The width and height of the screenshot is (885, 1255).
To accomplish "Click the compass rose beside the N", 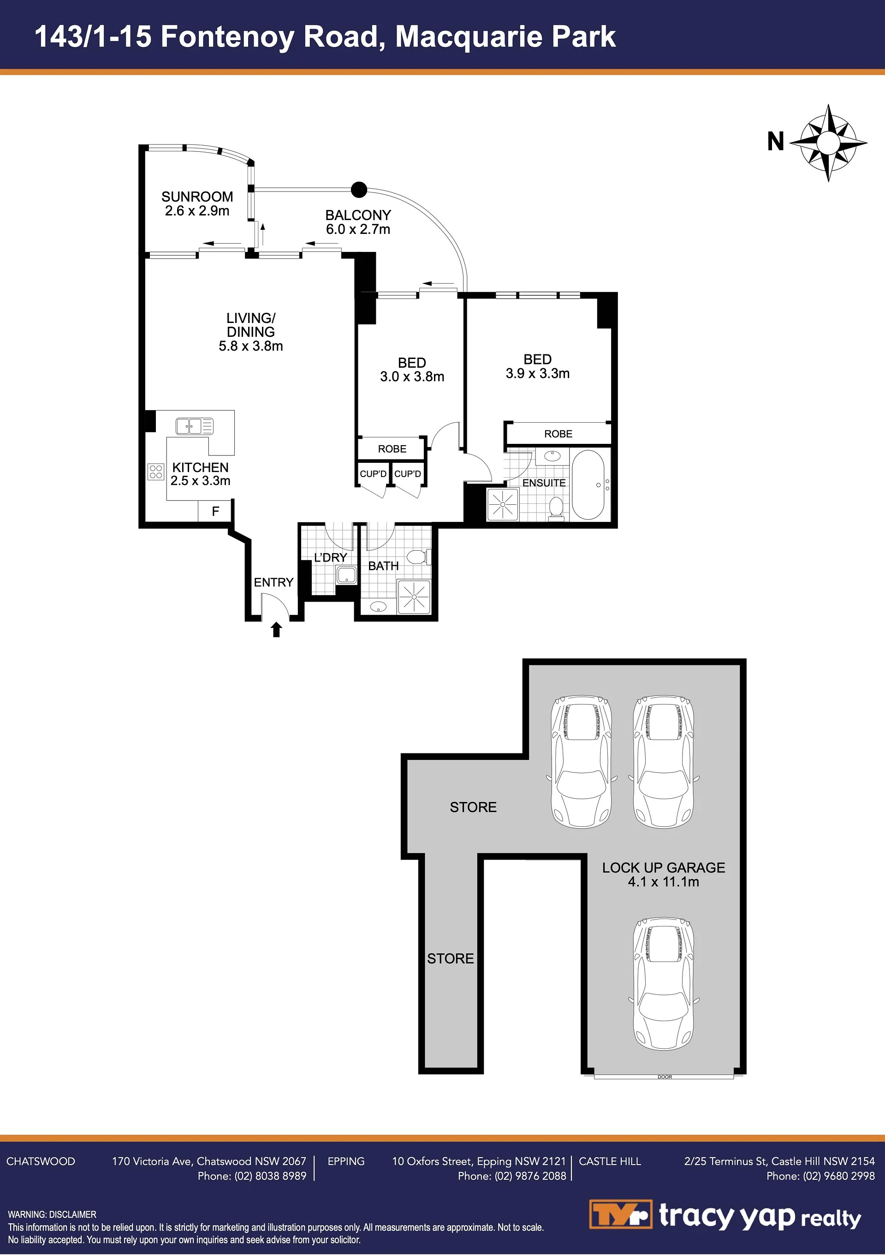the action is (828, 143).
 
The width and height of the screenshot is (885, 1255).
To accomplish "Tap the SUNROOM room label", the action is (197, 197).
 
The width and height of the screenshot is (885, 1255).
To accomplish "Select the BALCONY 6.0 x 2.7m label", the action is (358, 222).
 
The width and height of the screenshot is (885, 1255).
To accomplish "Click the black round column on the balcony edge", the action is (358, 190).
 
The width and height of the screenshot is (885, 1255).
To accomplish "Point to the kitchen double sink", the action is (194, 426).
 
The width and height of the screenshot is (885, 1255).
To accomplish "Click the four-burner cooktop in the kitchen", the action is (156, 472).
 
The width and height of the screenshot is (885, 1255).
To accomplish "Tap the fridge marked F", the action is (215, 511).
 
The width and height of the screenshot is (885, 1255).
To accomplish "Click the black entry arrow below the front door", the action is (276, 630).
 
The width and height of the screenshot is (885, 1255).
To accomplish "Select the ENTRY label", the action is (273, 583).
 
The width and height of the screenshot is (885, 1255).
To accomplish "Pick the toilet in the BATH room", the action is (418, 557).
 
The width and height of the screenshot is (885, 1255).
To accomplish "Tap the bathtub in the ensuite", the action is (588, 485).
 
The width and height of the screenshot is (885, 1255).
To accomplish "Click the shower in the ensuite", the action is (502, 504).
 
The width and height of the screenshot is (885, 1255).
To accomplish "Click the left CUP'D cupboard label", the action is (373, 474).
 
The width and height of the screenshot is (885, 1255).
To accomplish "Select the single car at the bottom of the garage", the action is (664, 983).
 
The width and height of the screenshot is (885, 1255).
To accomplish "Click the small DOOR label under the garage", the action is (665, 1077).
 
